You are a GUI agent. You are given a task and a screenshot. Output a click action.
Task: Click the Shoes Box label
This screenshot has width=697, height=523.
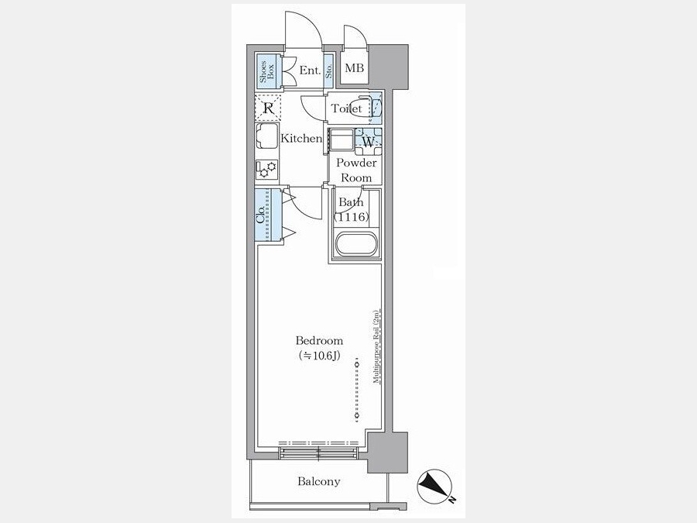coord(268,71)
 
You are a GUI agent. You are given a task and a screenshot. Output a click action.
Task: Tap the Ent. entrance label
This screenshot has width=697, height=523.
coord(310,71)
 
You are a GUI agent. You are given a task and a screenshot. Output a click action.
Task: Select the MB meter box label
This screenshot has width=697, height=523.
coord(355,68)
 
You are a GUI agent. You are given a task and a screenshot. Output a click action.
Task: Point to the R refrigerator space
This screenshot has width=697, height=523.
coord(268,108)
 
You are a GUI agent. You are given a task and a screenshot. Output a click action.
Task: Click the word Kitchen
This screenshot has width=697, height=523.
coord(301,139)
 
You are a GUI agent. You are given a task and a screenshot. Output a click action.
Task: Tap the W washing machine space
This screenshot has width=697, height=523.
coord(368,142)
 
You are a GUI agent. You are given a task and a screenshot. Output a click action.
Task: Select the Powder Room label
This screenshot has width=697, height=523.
coord(356,170)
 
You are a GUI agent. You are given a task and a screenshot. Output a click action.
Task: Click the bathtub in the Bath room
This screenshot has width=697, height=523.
coord(356,244)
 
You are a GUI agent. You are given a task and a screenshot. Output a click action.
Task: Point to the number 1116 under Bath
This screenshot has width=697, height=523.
coord(352,217)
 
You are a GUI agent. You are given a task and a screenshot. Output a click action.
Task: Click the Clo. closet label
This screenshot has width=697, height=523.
coord(261,215)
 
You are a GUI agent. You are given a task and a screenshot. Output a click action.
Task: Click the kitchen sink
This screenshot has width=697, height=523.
coord(266,136)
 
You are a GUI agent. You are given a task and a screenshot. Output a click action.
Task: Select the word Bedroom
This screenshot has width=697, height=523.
coord(319,341)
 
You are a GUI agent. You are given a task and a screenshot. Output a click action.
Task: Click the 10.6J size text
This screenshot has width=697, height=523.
coord(320,356)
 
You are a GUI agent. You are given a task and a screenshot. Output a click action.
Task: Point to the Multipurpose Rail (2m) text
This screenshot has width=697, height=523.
coord(376,346)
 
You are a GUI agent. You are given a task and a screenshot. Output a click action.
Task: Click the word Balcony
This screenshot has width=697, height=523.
coord(319,481)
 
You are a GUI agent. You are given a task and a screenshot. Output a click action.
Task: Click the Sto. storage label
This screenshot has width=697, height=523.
coord(329,71)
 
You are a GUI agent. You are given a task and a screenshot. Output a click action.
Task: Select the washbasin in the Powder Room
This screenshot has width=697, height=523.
coord(341,140)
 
